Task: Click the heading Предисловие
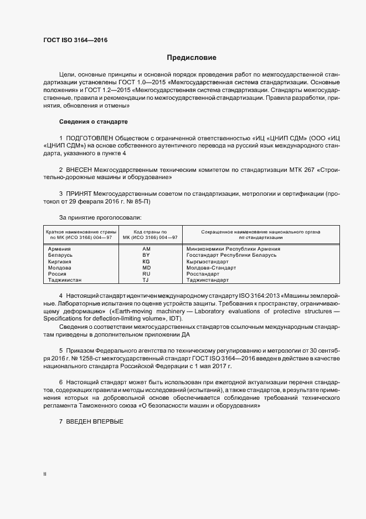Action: (192, 57)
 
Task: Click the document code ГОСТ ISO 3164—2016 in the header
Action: (76, 40)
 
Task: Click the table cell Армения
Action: (59, 249)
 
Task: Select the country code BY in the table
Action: (146, 255)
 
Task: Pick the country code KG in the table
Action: (146, 261)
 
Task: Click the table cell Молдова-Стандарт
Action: (212, 268)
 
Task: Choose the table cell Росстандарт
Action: (203, 274)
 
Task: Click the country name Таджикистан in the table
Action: (65, 281)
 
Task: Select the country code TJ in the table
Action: (146, 281)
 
